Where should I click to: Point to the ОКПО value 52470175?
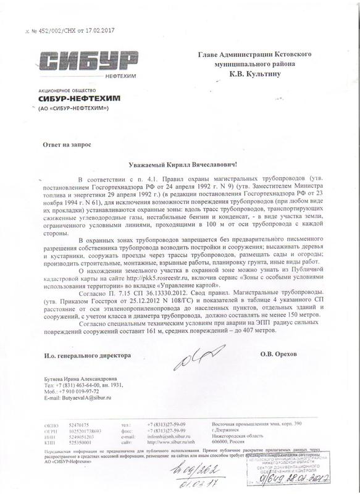[79, 426]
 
